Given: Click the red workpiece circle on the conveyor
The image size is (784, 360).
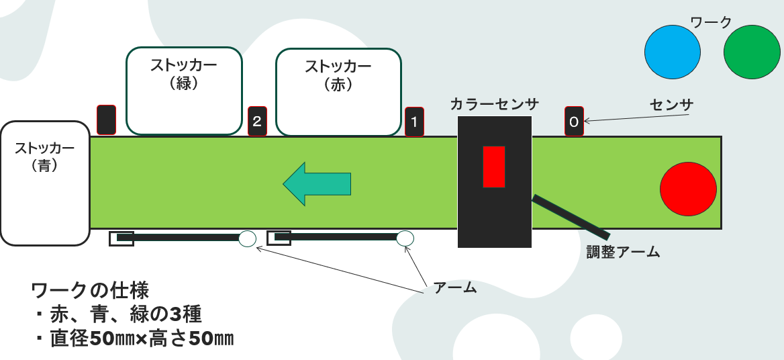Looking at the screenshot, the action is click(x=688, y=189).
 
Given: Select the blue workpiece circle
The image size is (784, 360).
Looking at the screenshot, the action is click(x=672, y=52).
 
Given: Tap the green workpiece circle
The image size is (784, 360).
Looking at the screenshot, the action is click(x=752, y=52).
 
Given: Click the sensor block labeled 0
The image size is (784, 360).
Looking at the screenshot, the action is click(x=574, y=121).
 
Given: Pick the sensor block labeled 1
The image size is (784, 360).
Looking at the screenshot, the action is click(x=414, y=122).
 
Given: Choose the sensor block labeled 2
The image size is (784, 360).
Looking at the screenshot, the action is click(x=257, y=121).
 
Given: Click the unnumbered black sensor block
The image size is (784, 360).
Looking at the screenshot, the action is click(x=106, y=120).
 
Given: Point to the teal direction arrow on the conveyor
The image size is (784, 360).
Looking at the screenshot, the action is click(x=317, y=184).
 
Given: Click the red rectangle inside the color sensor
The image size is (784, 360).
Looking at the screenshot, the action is click(x=493, y=167).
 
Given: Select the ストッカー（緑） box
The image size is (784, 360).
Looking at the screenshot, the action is click(x=184, y=91).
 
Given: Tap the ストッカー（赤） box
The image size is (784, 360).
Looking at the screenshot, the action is click(x=338, y=92).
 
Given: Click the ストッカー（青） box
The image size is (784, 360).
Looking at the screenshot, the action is click(x=45, y=183).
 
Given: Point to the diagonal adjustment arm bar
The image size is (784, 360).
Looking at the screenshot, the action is click(x=571, y=217).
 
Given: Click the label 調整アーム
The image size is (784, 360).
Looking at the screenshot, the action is click(x=623, y=252).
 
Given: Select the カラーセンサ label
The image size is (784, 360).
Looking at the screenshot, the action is click(x=494, y=104).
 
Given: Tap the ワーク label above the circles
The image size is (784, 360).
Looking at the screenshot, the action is click(x=711, y=22).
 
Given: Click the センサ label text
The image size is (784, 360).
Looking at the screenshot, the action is click(x=671, y=105).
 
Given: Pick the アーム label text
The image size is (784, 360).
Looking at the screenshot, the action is click(x=455, y=287).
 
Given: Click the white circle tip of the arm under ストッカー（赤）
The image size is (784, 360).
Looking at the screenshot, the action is click(x=405, y=238).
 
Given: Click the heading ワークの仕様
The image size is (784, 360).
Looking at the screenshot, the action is click(x=91, y=291).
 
